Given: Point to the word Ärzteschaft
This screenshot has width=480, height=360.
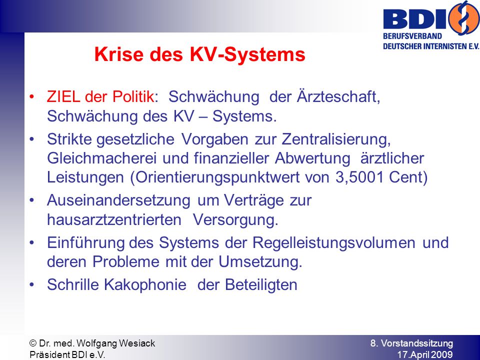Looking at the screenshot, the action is [338, 96].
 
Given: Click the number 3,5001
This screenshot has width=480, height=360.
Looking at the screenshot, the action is [359, 177].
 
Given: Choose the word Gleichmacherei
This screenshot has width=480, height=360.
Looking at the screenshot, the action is [101, 158].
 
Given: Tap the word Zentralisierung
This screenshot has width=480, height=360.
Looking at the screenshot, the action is [336, 139].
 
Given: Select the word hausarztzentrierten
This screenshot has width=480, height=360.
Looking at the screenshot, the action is [114, 220].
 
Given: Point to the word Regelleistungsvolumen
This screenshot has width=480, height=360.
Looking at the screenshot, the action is [334, 243].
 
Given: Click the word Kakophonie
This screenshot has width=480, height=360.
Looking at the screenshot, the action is [145, 284].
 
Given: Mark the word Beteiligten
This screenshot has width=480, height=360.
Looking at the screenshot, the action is [261, 284].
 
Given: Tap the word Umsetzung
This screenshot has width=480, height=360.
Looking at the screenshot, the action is [260, 262].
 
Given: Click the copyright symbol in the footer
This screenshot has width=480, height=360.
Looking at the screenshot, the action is [33, 343].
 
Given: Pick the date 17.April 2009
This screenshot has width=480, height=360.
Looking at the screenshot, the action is [425, 354].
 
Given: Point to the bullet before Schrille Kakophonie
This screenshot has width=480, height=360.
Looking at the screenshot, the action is [32, 285].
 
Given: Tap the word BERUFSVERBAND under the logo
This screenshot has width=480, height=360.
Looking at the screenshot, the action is [412, 36].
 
